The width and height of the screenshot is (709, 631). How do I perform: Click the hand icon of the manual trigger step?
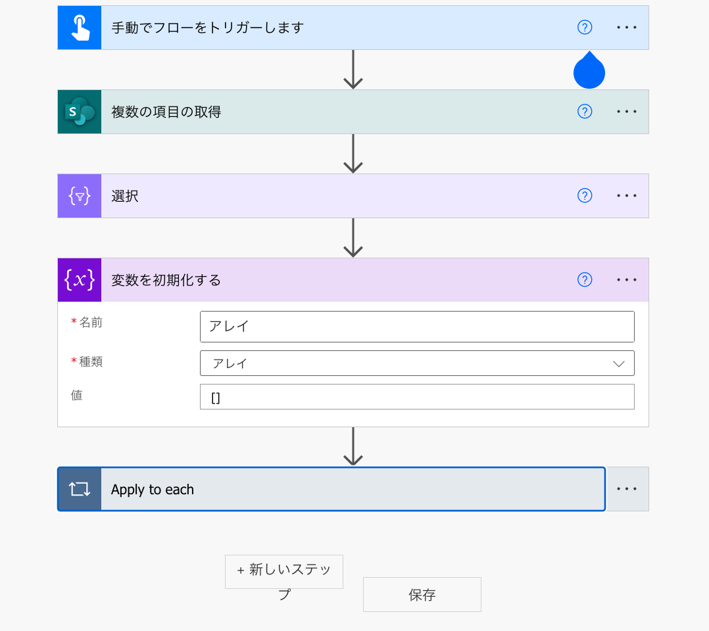80,28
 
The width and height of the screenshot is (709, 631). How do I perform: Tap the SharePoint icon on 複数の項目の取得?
80,112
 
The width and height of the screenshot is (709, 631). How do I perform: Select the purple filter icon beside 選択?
80,196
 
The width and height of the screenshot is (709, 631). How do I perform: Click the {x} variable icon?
80,280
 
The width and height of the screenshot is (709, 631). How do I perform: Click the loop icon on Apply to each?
80,489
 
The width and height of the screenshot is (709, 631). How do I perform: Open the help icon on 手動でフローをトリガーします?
585,28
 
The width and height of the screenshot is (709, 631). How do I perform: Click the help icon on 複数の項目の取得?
585,112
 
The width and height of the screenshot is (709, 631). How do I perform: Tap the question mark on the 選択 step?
585,196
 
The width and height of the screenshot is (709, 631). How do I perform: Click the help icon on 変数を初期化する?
585,280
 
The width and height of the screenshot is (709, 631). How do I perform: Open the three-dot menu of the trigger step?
627,28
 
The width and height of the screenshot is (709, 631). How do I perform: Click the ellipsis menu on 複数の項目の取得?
627,112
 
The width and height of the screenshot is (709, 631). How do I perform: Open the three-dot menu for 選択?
627,196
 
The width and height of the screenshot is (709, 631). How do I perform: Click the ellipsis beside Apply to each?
627,489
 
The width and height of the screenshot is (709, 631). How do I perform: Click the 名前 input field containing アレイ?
417,327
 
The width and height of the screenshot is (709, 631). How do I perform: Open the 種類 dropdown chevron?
618,363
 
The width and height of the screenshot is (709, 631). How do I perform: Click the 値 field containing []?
417,397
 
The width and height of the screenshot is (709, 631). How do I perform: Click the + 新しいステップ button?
284,572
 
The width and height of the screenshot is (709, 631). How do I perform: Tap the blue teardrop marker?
589,72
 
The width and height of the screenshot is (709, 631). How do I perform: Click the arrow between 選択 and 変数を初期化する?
353,238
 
